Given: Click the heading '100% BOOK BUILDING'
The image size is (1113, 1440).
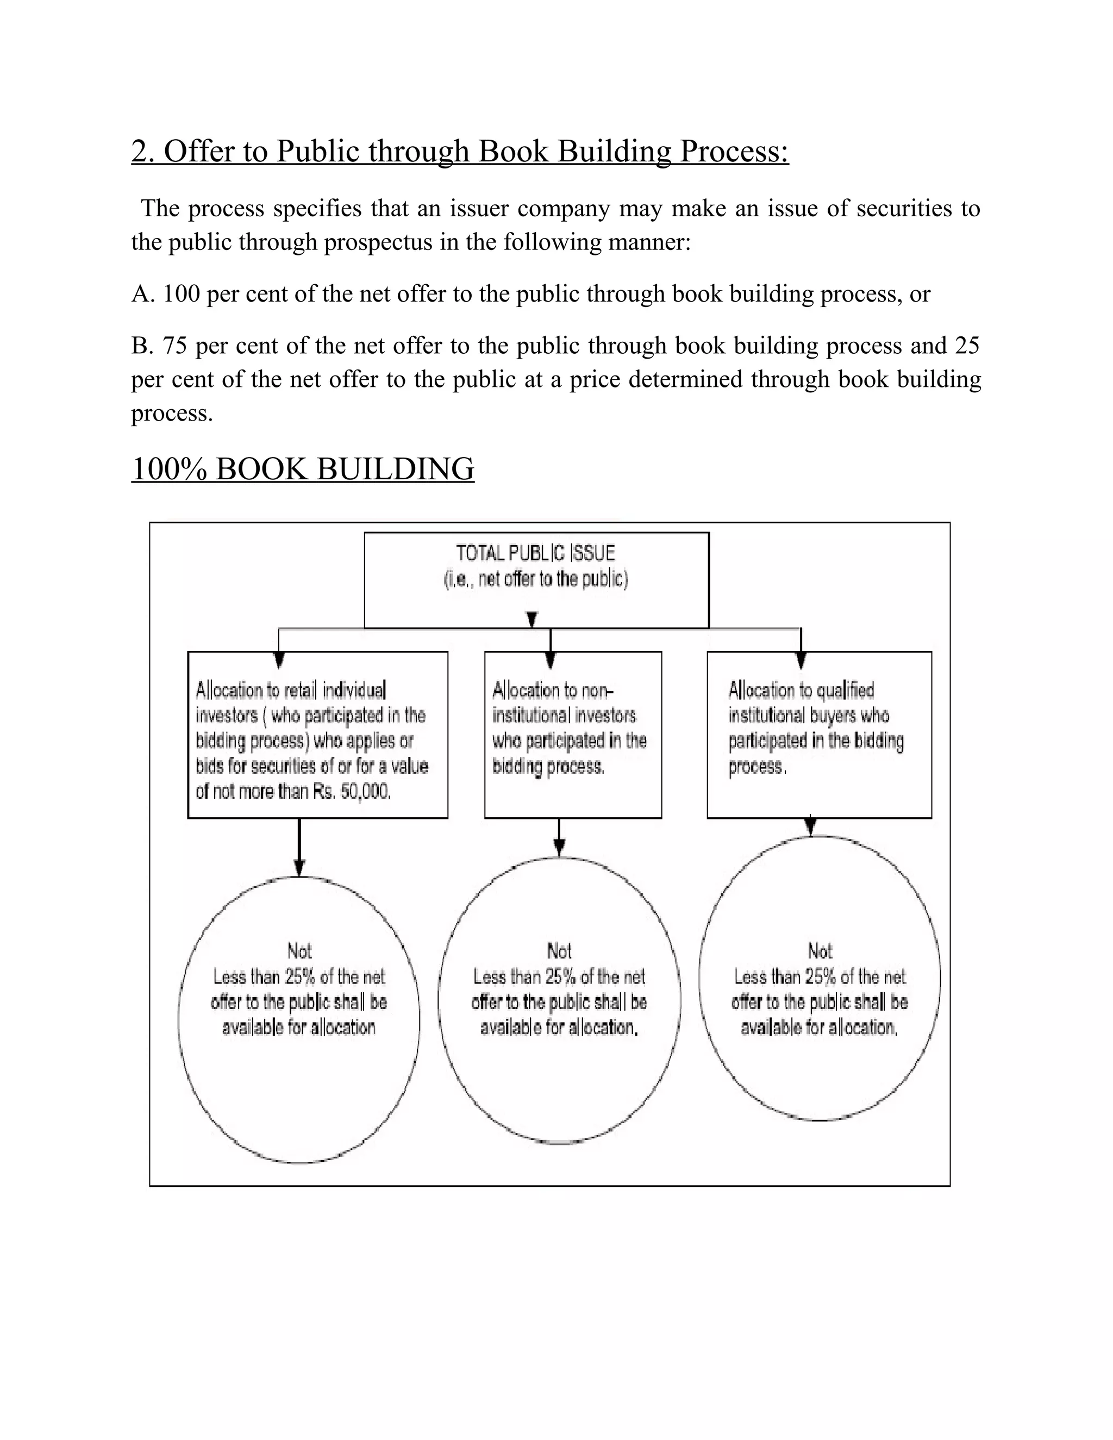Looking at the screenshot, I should point(303,469).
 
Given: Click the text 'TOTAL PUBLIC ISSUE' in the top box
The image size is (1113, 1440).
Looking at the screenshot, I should point(535,553).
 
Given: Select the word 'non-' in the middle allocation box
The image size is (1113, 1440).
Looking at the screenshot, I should point(599,690).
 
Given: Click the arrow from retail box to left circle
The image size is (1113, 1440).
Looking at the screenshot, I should point(299,850).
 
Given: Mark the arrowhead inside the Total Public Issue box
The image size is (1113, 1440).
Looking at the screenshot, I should point(532,619).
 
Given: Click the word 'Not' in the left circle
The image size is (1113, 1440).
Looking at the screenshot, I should point(299,951).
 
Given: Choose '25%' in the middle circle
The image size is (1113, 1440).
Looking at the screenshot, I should point(560,976).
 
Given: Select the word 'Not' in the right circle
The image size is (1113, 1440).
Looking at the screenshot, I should point(820,951).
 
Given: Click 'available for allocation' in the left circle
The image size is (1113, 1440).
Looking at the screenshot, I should point(299,1027).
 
